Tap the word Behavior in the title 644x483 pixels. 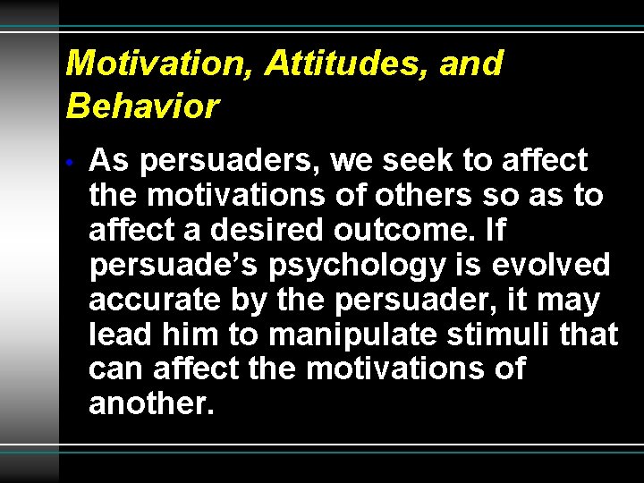pyautogui.click(x=142, y=106)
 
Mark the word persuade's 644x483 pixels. pyautogui.click(x=153, y=266)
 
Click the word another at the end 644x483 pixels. pyautogui.click(x=151, y=404)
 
